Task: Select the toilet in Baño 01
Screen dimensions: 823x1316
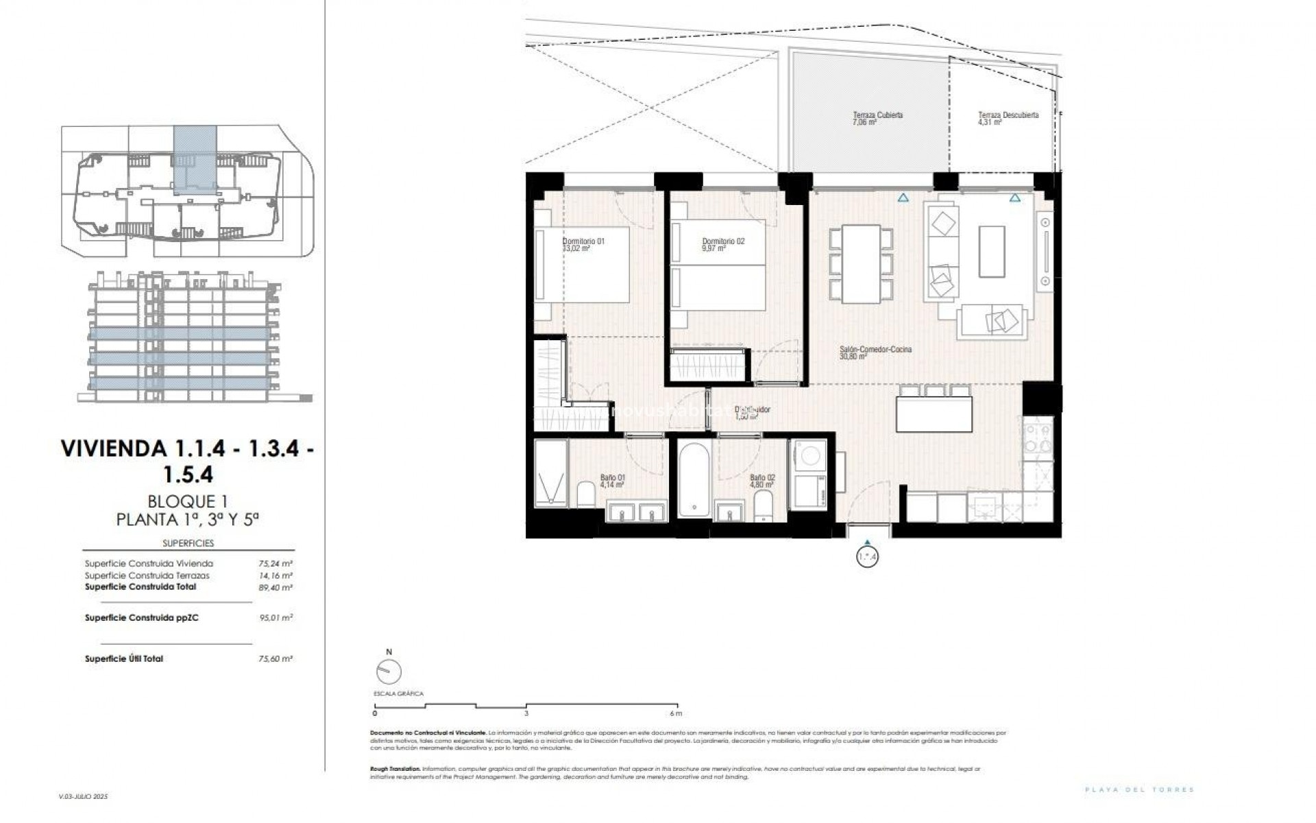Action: tap(586, 495)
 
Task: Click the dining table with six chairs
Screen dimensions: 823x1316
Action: tap(862, 264)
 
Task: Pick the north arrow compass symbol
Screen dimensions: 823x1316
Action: tap(389, 671)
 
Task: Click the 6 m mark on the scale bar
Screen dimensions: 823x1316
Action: tap(677, 713)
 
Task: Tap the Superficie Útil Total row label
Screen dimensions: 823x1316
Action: tap(124, 658)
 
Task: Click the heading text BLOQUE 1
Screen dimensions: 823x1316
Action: tap(188, 502)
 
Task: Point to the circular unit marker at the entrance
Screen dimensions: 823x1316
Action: tap(867, 556)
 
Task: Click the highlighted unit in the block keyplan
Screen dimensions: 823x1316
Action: tap(195, 159)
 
